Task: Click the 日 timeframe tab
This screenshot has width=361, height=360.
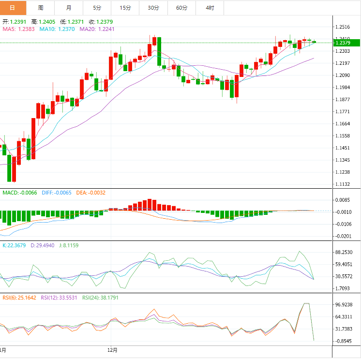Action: [x=13, y=8]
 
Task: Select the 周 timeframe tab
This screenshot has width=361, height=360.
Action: [x=40, y=8]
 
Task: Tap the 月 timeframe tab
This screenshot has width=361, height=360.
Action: [x=68, y=8]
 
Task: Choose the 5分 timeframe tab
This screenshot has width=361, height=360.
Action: [x=97, y=8]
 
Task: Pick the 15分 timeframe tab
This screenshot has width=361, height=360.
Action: [x=125, y=8]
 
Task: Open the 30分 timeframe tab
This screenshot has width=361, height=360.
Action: [x=153, y=8]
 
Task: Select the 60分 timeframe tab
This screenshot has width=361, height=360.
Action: [x=181, y=8]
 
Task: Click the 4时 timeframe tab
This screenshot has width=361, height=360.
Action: [x=210, y=8]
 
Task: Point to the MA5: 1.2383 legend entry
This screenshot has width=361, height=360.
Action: [x=19, y=29]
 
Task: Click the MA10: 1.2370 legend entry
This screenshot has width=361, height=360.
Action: [x=57, y=29]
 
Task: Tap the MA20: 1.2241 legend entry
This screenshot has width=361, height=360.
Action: [x=97, y=29]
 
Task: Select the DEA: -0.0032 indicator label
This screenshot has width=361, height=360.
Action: [x=90, y=193]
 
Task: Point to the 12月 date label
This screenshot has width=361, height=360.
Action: [x=112, y=349]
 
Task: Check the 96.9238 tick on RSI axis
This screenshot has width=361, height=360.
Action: [x=344, y=305]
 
